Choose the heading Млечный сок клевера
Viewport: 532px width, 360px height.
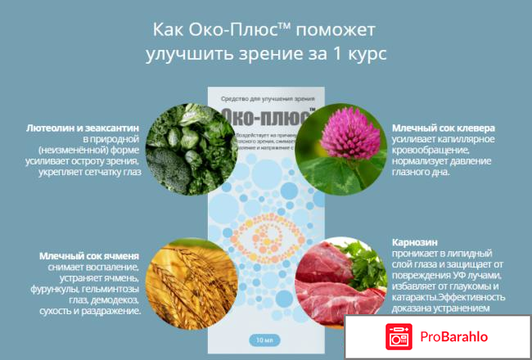click(x=443, y=128)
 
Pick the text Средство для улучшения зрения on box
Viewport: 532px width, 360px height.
click(x=265, y=98)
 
